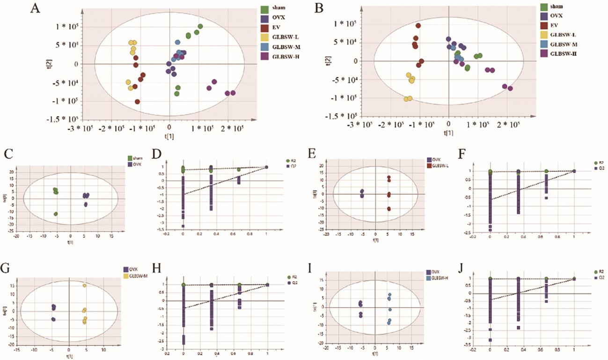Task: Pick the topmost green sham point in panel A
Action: click(x=200, y=27)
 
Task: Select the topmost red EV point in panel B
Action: click(x=418, y=26)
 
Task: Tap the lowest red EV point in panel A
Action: click(x=137, y=102)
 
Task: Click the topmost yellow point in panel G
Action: click(x=85, y=286)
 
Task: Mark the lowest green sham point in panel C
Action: click(x=56, y=214)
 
